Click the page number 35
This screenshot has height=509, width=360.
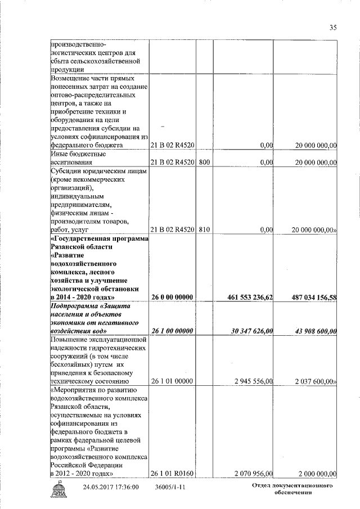333,27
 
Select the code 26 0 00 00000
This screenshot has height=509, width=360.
172,297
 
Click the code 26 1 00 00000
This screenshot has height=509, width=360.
172,332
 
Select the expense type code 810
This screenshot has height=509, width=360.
204,230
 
